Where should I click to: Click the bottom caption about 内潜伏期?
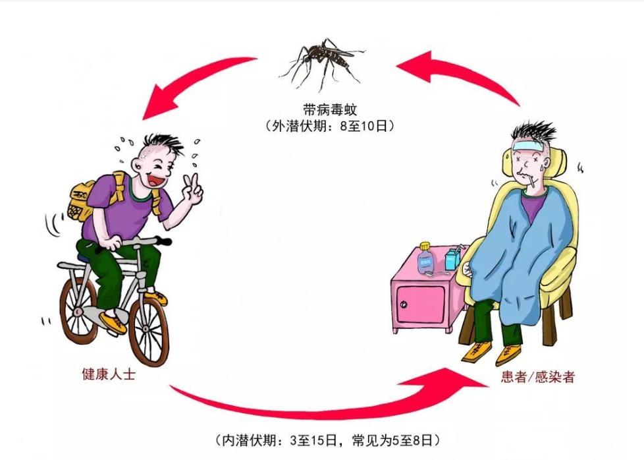[327, 439]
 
